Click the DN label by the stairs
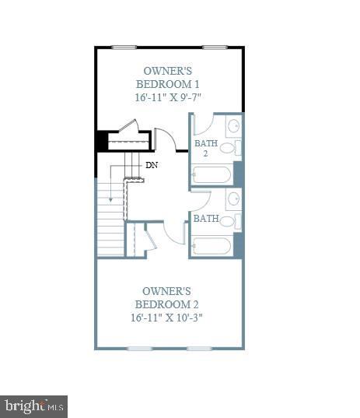pos(152,165)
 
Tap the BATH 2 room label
pos(206,149)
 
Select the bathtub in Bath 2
pos(211,174)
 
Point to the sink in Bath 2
pos(233,127)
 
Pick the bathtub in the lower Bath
pos(211,247)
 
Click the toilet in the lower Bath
pos(228,221)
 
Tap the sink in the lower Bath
pos(233,200)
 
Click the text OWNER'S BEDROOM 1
pos(169,78)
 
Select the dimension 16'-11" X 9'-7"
pos(169,97)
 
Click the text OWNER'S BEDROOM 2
pos(168,297)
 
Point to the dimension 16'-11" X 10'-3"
pos(169,318)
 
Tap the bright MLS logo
pos(34,406)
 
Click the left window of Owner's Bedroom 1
pos(124,47)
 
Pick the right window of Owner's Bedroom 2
pos(200,348)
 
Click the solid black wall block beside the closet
pos(101,142)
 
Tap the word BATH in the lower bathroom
pos(206,219)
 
